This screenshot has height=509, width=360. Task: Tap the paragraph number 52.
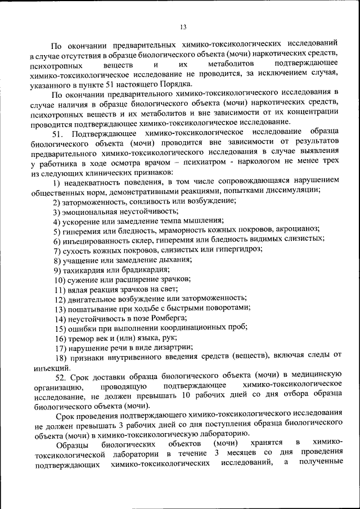coord(62,376)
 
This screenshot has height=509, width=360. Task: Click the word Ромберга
coord(166,318)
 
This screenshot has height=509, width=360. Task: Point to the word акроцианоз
coord(298,229)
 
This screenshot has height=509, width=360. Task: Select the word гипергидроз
coord(241,250)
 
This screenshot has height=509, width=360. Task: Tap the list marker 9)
coord(57,270)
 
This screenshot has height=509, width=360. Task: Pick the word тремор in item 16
coord(82,339)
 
